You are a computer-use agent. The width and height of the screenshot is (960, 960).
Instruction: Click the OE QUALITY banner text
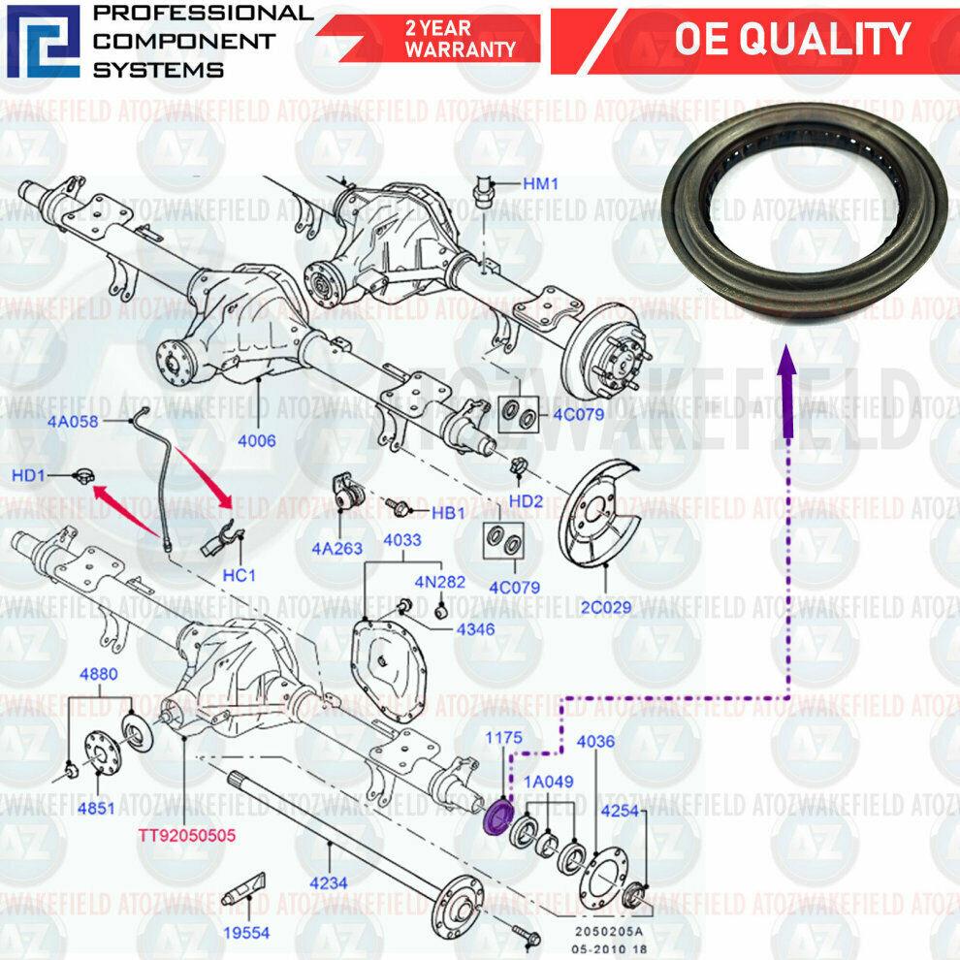[791, 40]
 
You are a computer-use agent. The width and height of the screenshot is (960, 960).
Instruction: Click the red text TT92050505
[184, 834]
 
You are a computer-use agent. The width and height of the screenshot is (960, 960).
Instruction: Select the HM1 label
[541, 182]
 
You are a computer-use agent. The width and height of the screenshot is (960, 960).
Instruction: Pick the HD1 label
[30, 476]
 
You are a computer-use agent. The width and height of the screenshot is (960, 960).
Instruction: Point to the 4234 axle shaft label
[329, 883]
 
